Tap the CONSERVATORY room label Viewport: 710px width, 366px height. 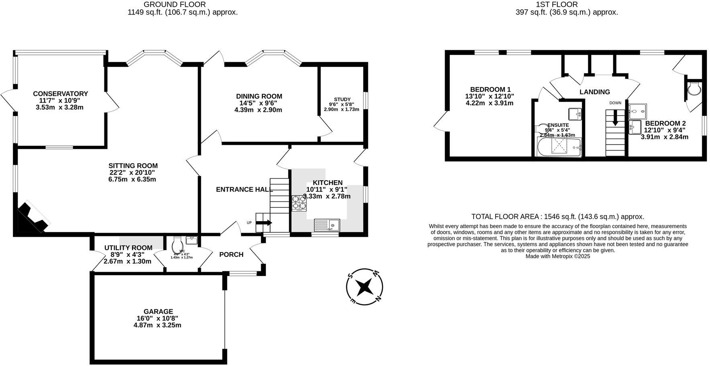[60, 94]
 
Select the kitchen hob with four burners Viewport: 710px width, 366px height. [299, 203]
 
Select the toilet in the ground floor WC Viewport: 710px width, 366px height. [177, 244]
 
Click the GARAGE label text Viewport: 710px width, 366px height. [158, 311]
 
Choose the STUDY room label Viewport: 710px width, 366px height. [342, 100]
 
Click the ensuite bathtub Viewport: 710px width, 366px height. [559, 147]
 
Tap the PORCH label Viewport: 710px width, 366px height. [231, 254]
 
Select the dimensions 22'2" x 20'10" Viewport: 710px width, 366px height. [132, 173]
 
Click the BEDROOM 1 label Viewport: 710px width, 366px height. [490, 89]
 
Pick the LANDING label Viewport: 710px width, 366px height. [594, 92]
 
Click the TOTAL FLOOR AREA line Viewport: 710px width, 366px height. [557, 217]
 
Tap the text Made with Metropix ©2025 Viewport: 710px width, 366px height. [558, 256]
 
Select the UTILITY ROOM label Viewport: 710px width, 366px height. [128, 248]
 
